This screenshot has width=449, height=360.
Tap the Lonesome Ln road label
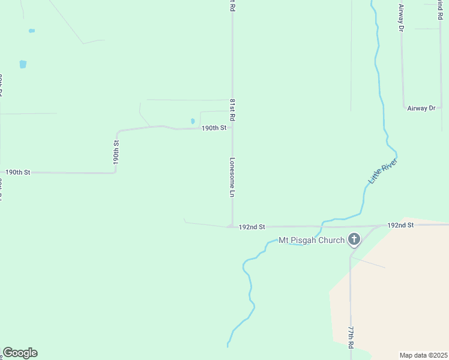232,178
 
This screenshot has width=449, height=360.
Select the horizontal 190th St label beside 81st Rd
214,128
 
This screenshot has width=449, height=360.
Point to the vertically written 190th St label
116,153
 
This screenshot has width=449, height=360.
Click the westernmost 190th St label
17,172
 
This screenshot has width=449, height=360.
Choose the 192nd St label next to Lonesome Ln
252,227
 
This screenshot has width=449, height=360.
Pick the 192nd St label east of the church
400,225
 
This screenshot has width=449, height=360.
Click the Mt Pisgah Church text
312,241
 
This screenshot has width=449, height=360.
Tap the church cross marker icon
354,240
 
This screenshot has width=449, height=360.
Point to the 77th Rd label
351,338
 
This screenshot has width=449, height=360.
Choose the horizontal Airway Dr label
421,108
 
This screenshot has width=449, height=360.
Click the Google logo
20,353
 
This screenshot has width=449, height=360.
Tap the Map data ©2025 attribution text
423,355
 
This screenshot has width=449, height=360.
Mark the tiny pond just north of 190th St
193,121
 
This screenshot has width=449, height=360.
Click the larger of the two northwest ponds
23,64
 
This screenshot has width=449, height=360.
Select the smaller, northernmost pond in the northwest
31,31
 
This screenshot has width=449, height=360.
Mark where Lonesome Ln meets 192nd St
232,227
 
